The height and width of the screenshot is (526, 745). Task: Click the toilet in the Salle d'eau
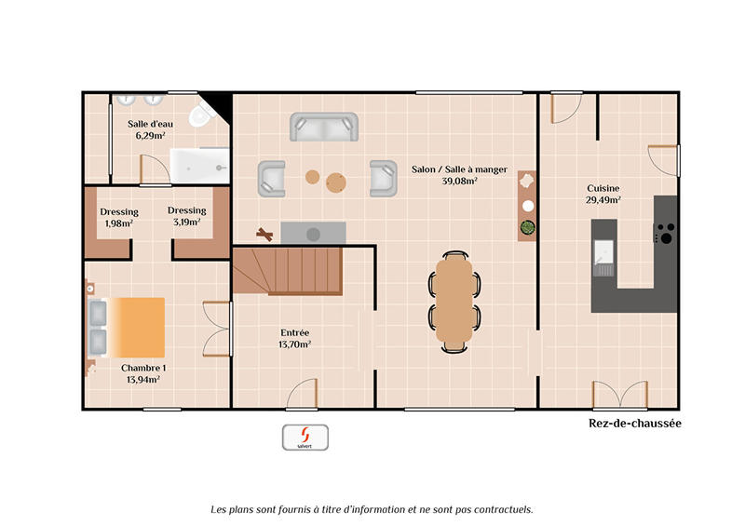pyautogui.click(x=198, y=116)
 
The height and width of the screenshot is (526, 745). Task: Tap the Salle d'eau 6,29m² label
pyautogui.click(x=150, y=129)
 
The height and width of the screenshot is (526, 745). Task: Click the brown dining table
pyautogui.click(x=455, y=298)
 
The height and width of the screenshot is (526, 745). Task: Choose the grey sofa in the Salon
pyautogui.click(x=323, y=127)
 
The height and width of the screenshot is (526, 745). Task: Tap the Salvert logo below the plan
pyautogui.click(x=305, y=438)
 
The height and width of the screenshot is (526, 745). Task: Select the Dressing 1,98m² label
pyautogui.click(x=118, y=217)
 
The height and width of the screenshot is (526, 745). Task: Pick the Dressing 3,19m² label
pyautogui.click(x=187, y=217)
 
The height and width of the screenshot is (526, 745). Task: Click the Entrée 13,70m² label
pyautogui.click(x=295, y=338)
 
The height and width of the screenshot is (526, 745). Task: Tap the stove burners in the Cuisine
pyautogui.click(x=666, y=233)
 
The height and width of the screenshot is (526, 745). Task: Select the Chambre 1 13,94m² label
pyautogui.click(x=141, y=373)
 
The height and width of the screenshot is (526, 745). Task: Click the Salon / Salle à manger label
pyautogui.click(x=446, y=175)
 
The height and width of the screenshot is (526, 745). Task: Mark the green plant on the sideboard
pyautogui.click(x=528, y=226)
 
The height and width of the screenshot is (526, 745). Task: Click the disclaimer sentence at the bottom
pyautogui.click(x=372, y=509)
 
